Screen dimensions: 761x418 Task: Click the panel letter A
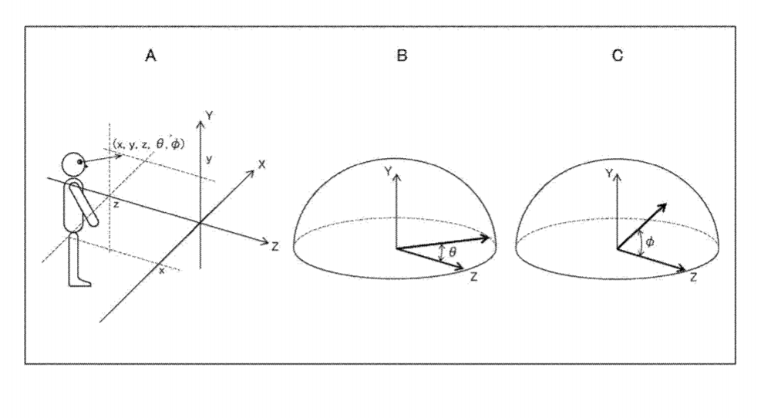(x=151, y=56)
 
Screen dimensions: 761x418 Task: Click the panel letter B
(x=402, y=56)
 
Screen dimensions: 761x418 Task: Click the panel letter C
(x=618, y=56)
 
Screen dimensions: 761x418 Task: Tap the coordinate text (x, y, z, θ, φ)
(x=149, y=143)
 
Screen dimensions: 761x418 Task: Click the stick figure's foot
(x=79, y=281)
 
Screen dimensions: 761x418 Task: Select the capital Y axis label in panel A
(x=209, y=116)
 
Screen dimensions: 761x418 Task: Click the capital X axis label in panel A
(x=261, y=164)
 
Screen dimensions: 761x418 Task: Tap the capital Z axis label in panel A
(x=274, y=247)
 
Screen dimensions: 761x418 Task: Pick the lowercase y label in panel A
(x=209, y=159)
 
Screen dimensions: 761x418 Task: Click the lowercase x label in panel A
(x=162, y=271)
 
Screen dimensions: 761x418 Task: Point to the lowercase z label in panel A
(x=116, y=205)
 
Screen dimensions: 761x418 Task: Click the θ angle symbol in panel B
(x=453, y=252)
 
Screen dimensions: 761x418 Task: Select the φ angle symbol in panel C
(x=650, y=241)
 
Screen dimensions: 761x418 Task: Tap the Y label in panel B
(x=388, y=171)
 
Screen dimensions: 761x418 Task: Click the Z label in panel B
(x=473, y=277)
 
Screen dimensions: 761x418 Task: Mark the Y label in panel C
(x=609, y=174)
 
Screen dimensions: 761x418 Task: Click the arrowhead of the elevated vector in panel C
(x=662, y=207)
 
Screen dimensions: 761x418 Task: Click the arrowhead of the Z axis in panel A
(x=264, y=241)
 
